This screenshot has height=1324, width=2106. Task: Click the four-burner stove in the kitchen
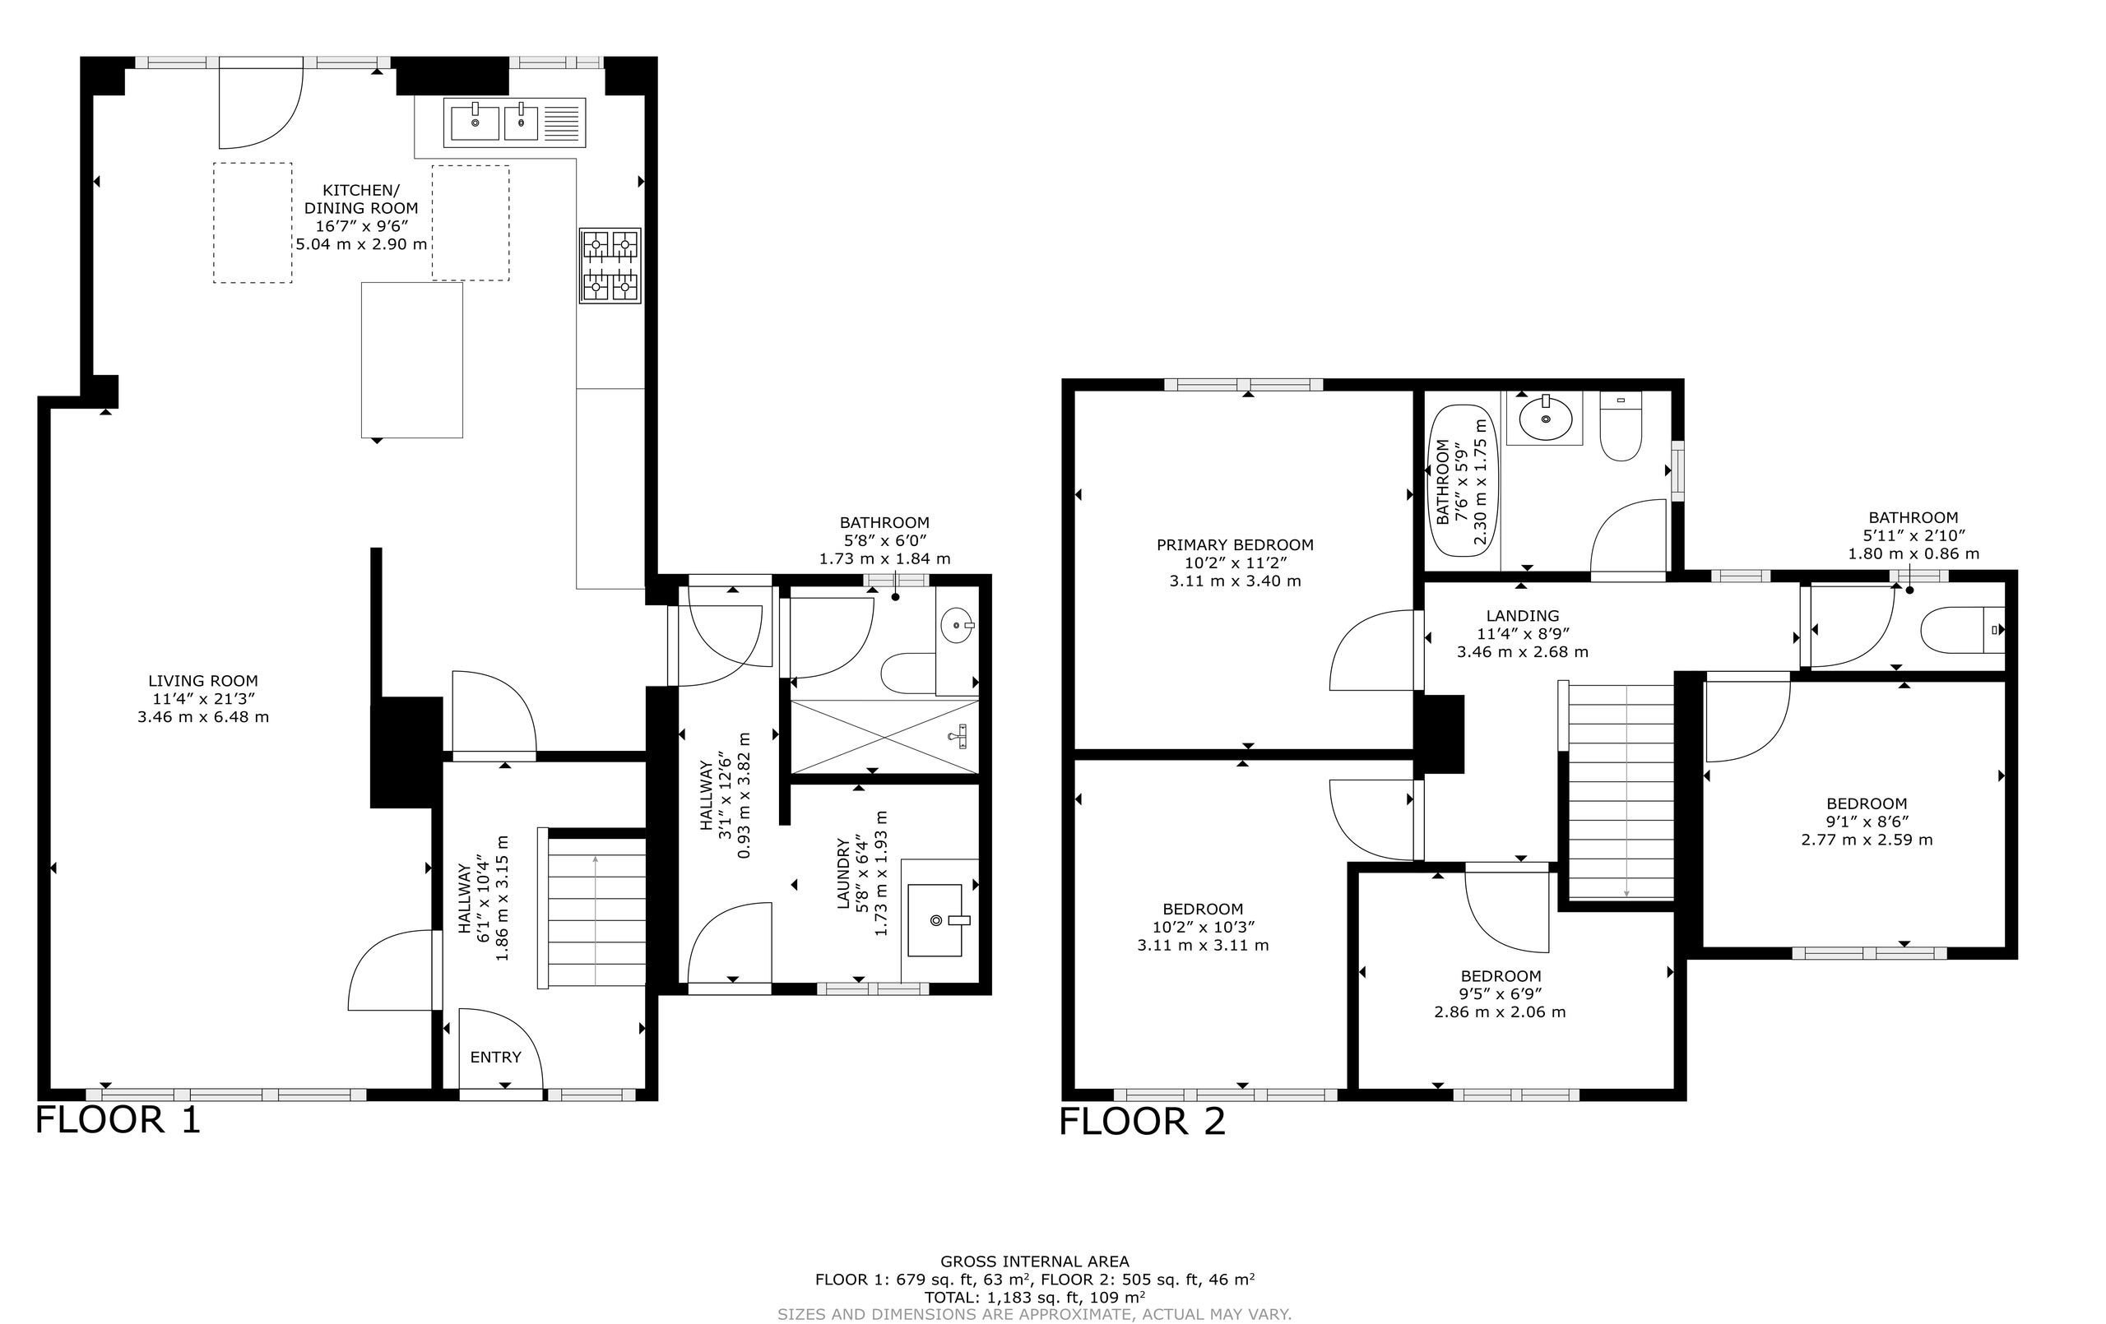pos(610,266)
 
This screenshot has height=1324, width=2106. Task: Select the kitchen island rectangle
pos(412,359)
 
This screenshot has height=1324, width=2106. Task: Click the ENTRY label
pos(496,1058)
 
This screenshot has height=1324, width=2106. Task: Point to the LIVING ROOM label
pos(203,680)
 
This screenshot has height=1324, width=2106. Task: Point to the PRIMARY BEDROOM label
pos(1235,545)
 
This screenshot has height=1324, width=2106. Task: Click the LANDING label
pos(1523,616)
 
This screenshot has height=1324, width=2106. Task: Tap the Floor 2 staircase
pos(1621,790)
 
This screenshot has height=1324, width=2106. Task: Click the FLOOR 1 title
pos(118,1120)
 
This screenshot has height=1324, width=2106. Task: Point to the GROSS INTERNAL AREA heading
pos(1035,1261)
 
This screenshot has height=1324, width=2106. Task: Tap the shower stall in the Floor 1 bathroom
pos(884,736)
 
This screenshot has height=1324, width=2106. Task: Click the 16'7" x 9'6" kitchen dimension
pos(362,225)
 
